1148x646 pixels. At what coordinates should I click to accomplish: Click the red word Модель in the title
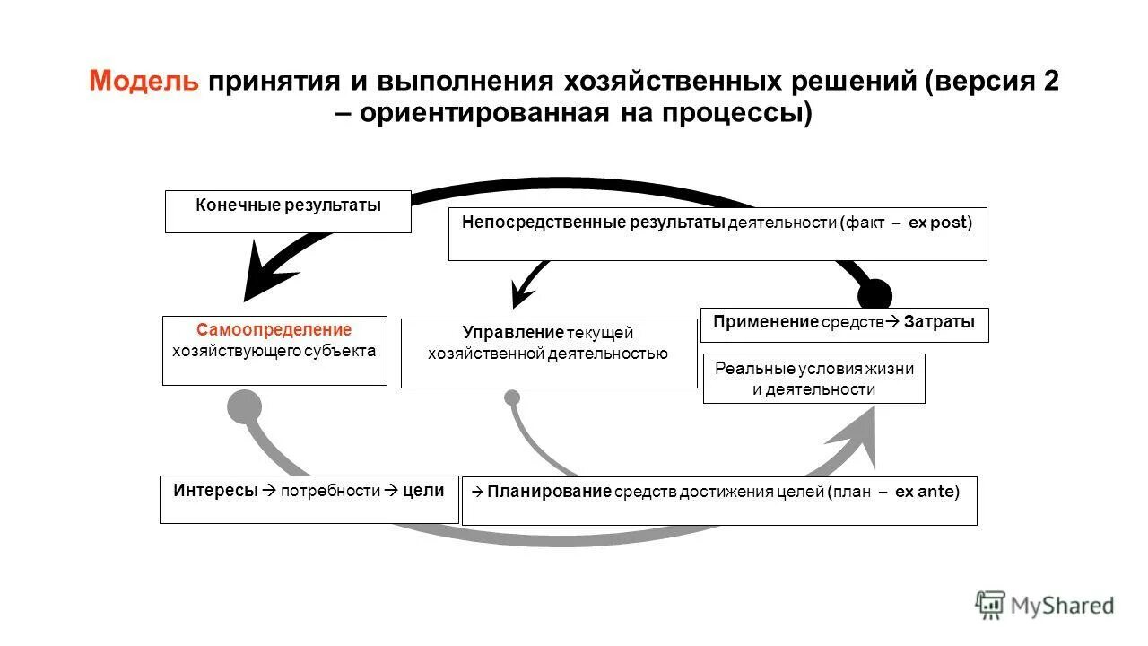(143, 82)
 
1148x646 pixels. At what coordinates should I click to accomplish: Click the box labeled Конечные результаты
(288, 211)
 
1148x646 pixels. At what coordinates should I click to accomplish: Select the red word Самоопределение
(274, 330)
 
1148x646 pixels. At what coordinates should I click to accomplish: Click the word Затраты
(939, 322)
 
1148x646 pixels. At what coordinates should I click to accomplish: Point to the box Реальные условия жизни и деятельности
(813, 379)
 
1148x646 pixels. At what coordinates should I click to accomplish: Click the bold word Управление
(513, 333)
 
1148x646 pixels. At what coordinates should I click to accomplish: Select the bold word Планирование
(550, 491)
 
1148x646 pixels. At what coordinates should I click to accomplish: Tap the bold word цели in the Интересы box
(423, 490)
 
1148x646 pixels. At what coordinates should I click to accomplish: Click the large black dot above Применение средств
(874, 295)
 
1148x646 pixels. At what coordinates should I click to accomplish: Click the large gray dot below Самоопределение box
(244, 407)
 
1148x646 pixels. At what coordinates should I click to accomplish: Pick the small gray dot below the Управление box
(512, 397)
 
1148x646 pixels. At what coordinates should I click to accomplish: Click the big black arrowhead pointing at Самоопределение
(265, 274)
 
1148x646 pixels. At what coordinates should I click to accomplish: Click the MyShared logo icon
(990, 605)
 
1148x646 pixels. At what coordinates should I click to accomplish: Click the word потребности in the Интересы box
(330, 491)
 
